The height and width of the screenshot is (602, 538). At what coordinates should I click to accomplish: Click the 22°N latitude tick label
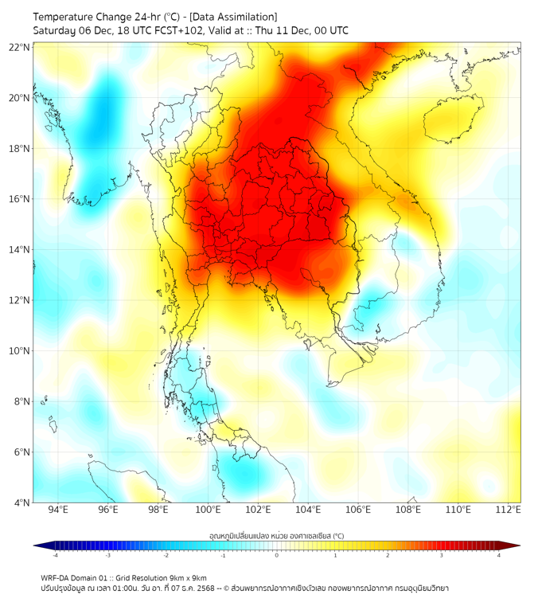(20, 47)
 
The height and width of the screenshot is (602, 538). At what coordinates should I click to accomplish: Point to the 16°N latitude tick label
(20, 199)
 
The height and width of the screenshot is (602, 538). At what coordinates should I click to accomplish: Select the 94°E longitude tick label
(58, 510)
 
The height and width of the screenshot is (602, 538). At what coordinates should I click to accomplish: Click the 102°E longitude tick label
(258, 510)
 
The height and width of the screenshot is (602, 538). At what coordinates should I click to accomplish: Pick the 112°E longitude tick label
(508, 510)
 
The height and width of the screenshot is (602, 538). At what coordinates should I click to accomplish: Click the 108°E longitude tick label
(407, 510)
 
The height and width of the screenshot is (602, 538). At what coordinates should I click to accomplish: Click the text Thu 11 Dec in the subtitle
(283, 30)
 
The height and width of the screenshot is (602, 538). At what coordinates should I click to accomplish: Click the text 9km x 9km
(189, 577)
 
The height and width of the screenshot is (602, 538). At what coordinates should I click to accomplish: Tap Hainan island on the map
(454, 122)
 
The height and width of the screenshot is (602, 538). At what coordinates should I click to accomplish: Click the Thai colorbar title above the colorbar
(276, 536)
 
